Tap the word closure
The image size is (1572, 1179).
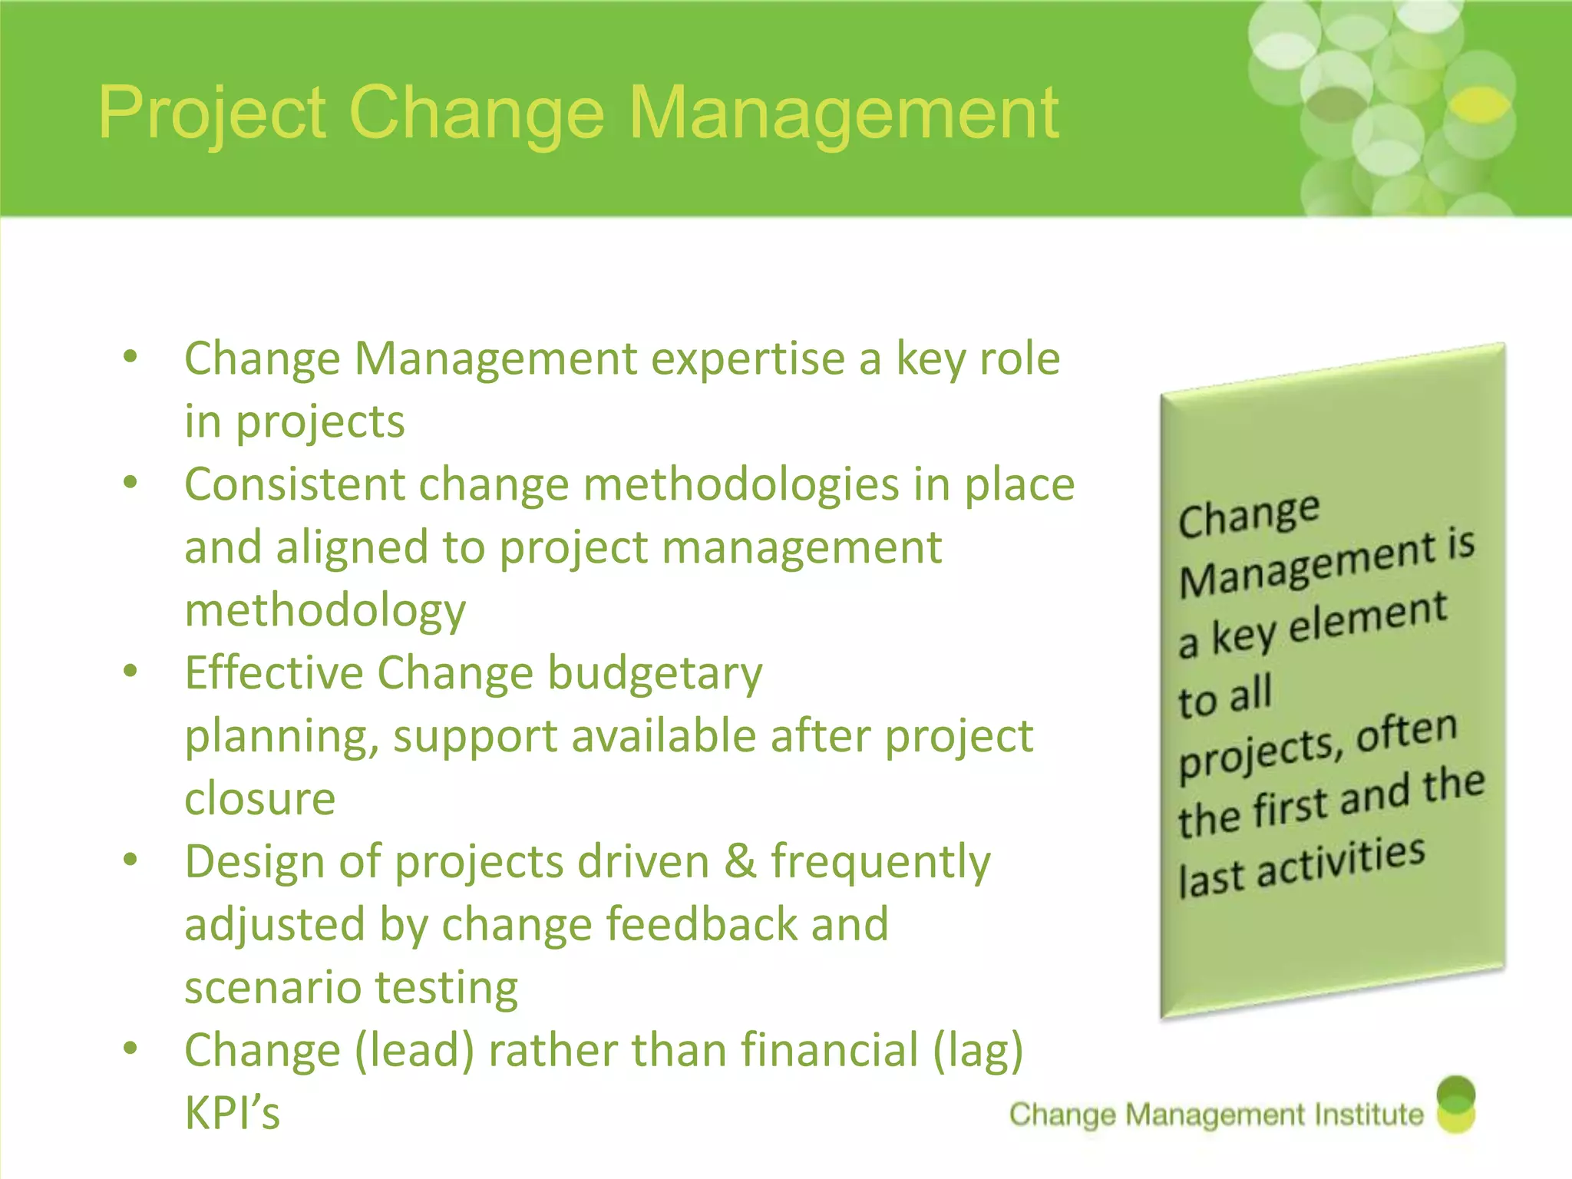coord(259,799)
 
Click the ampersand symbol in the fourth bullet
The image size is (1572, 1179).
coord(740,861)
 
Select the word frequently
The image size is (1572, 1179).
coord(880,863)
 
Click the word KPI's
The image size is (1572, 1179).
coord(232,1113)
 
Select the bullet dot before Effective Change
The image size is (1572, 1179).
coord(130,671)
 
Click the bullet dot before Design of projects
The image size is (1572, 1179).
coord(130,860)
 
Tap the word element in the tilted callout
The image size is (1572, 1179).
coord(1368,619)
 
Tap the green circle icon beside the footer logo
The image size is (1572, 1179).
coord(1455,1105)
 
